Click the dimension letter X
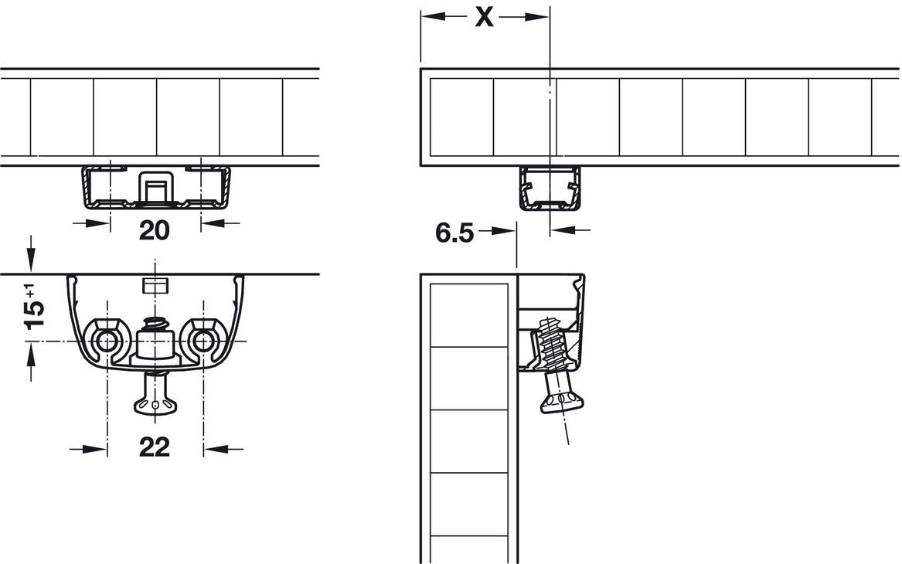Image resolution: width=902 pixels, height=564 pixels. pos(485,17)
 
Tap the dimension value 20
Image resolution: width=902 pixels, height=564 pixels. pos(154,230)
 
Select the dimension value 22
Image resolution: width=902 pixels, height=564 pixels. pos(154,447)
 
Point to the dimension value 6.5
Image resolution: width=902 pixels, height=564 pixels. pos(454,233)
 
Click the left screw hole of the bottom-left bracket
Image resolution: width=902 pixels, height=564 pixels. pos(107,341)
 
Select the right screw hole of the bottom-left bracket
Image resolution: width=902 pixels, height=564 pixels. pos(202,341)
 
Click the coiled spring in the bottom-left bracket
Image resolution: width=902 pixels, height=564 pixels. pos(154,324)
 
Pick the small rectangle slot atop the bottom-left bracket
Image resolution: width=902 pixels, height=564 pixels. pos(154,285)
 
